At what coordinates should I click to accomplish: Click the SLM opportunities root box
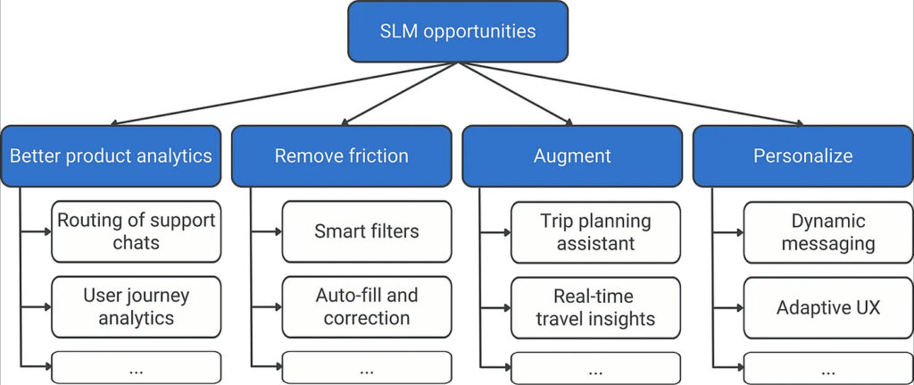[x=458, y=31]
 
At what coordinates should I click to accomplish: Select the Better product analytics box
[x=111, y=155]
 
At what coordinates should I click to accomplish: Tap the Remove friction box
[x=341, y=155]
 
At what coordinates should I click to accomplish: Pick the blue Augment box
[x=572, y=155]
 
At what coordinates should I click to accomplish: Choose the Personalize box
[x=802, y=155]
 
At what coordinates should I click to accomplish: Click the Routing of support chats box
[x=136, y=231]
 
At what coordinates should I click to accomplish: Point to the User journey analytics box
[x=136, y=306]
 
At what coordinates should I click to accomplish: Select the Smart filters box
[x=366, y=231]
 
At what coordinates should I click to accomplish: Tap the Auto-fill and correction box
[x=366, y=306]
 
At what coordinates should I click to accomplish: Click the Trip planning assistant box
[x=595, y=231]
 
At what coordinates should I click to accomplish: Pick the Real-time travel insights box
[x=595, y=306]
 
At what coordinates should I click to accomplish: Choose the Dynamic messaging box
[x=827, y=231]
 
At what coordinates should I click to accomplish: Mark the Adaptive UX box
[x=827, y=306]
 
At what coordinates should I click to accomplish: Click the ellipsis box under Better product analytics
[x=136, y=368]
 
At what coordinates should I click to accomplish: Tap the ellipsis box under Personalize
[x=827, y=368]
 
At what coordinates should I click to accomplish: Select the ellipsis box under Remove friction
[x=366, y=368]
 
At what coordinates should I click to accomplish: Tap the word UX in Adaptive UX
[x=866, y=307]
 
